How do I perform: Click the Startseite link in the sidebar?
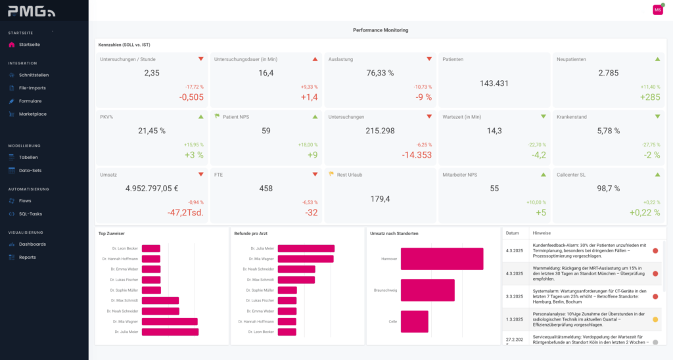(29, 45)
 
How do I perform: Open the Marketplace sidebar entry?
(32, 114)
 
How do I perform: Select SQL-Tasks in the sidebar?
(30, 214)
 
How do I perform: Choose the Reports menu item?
(27, 258)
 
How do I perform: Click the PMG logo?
(32, 11)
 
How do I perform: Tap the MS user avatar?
(657, 9)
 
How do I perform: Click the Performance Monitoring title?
(381, 30)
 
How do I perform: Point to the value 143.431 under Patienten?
(494, 83)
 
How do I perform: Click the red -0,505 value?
(191, 97)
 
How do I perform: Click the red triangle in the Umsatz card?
(201, 175)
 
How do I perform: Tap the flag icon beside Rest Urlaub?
(331, 175)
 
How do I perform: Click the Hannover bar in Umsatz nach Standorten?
(442, 259)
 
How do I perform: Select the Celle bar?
(415, 322)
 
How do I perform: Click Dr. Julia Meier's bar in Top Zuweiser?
(170, 332)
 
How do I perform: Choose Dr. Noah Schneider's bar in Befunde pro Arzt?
(296, 269)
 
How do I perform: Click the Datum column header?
(513, 233)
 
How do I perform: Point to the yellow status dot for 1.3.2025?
(655, 319)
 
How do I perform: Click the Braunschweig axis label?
(385, 290)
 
